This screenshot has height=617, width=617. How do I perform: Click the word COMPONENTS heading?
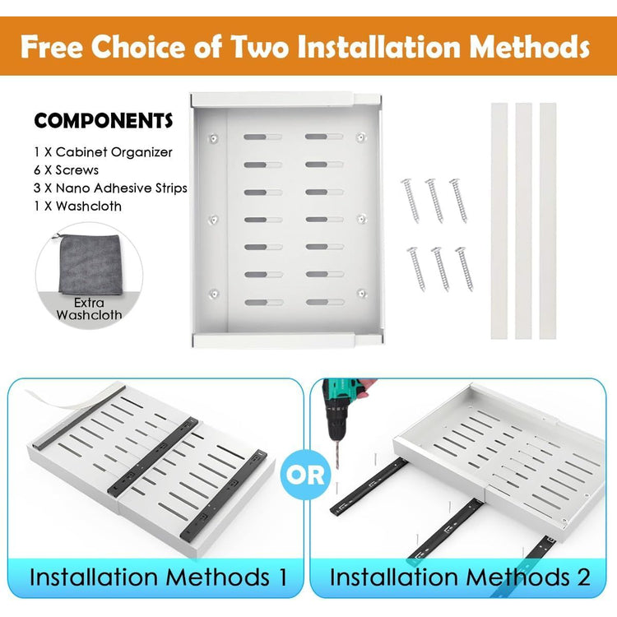pyautogui.click(x=104, y=120)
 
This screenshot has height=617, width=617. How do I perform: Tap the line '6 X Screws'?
pyautogui.click(x=66, y=170)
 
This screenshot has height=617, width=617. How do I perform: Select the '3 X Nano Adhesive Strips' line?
pyautogui.click(x=110, y=188)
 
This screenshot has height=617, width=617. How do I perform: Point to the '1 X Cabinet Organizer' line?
pyautogui.click(x=103, y=152)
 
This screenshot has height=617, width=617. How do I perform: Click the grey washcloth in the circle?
pyautogui.click(x=90, y=263)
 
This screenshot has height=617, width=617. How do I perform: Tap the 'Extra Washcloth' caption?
pyautogui.click(x=89, y=308)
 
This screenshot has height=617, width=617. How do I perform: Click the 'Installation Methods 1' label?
pyautogui.click(x=158, y=578)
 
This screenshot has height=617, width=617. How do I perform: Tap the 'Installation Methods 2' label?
pyautogui.click(x=460, y=578)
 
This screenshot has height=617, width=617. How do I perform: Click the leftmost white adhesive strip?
pyautogui.click(x=499, y=220)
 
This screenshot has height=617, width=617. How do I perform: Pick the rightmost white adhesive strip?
pyautogui.click(x=548, y=220)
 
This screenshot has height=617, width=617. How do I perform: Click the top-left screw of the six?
pyautogui.click(x=410, y=200)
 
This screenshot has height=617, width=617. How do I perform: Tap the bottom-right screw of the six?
pyautogui.click(x=465, y=269)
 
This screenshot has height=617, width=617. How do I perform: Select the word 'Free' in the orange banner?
pyautogui.click(x=52, y=47)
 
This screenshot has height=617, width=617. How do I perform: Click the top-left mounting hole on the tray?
pyautogui.click(x=213, y=138)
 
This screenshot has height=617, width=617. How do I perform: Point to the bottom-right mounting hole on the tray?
pyautogui.click(x=362, y=293)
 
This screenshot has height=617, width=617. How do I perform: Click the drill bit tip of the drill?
pyautogui.click(x=338, y=468)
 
